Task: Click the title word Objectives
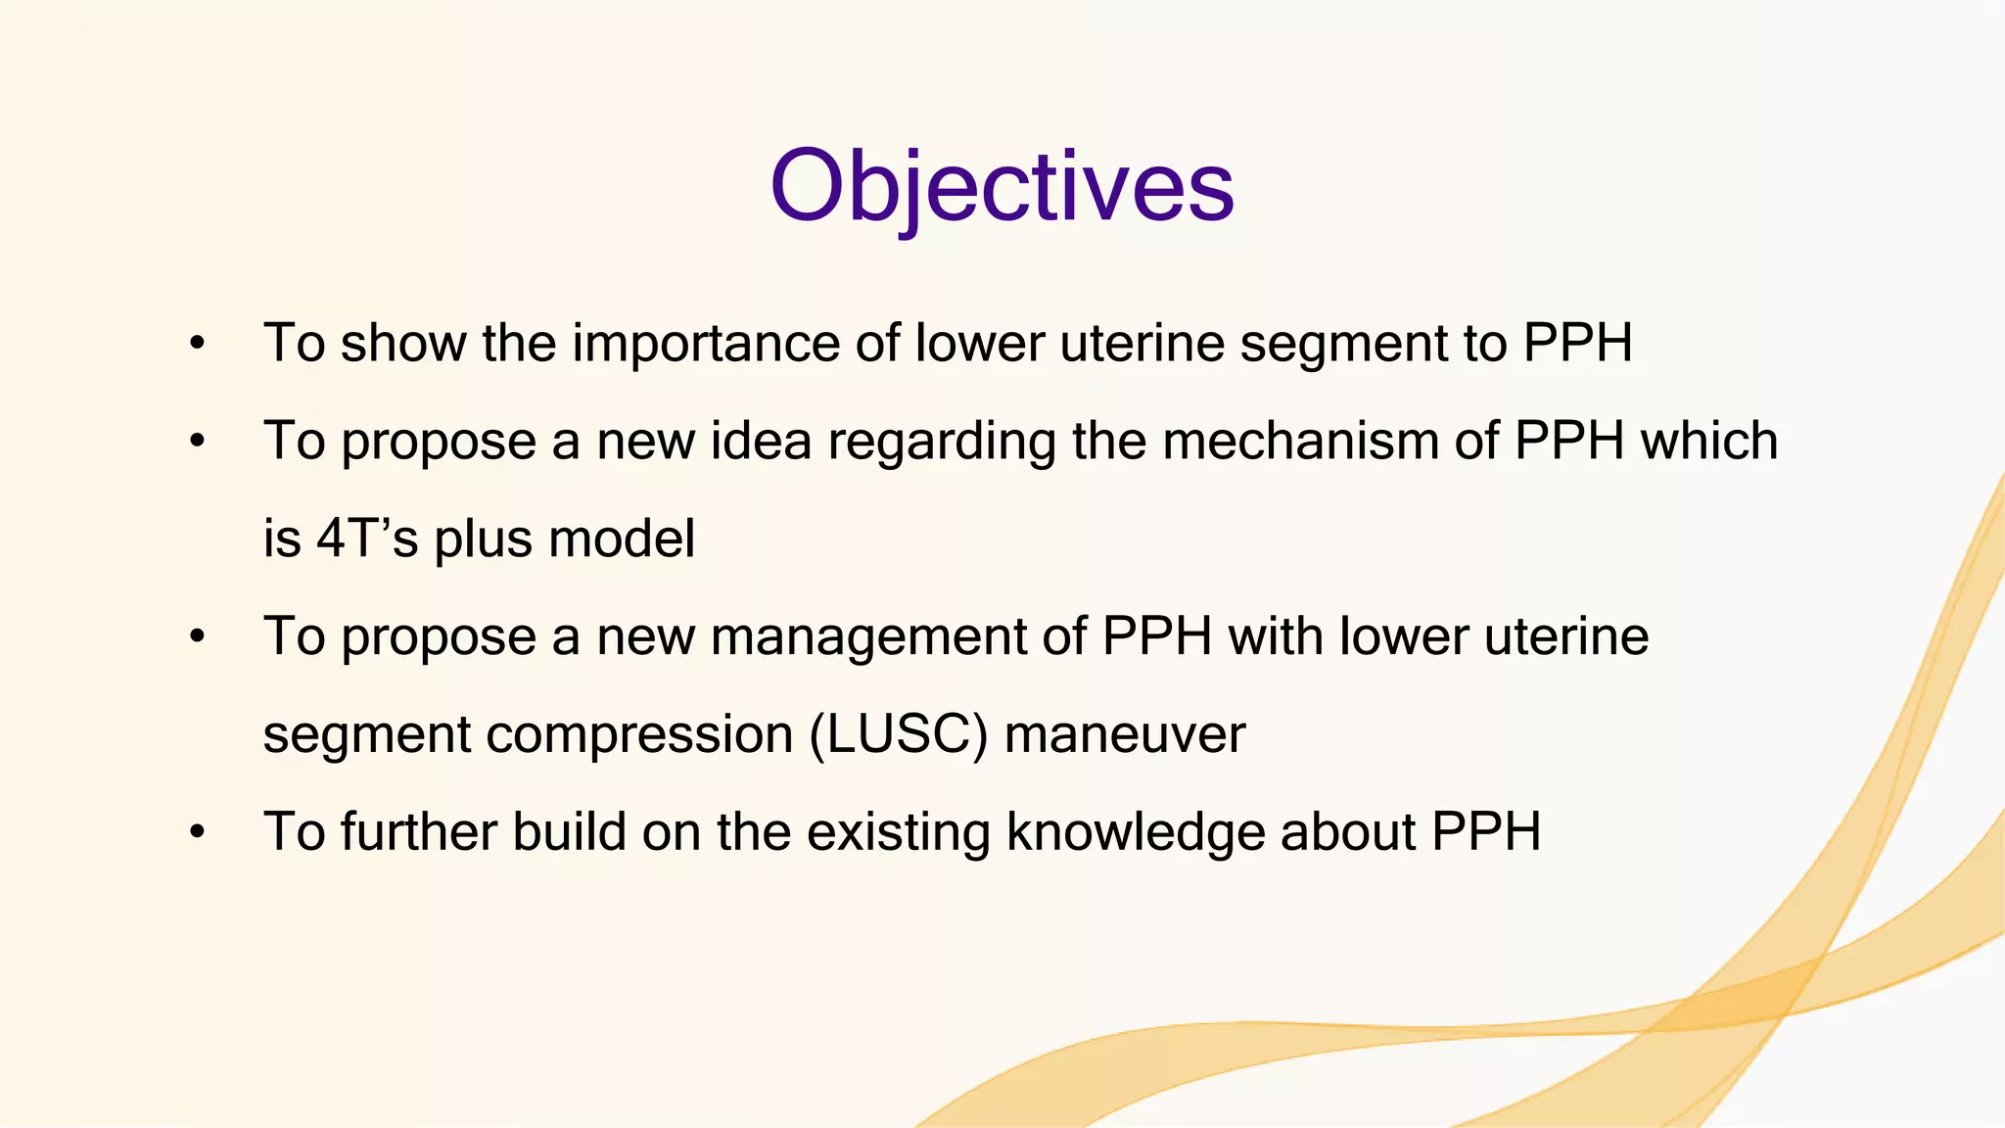1002,186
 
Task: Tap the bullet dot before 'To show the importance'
198,344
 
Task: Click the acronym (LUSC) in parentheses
899,734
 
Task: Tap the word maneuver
1125,734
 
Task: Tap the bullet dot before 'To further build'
198,833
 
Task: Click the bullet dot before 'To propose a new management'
198,637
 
